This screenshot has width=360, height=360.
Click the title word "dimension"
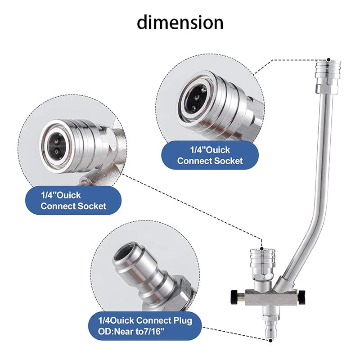pyautogui.click(x=180, y=22)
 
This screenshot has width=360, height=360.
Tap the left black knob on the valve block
pyautogui.click(x=234, y=297)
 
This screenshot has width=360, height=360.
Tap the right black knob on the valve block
pyautogui.click(x=302, y=297)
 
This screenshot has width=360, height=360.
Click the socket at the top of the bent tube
pyautogui.click(x=328, y=76)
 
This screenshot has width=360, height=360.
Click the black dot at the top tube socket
pyautogui.click(x=329, y=60)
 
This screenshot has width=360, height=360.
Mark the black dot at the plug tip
pyautogui.click(x=271, y=341)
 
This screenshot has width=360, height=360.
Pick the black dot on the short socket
pyautogui.click(x=262, y=249)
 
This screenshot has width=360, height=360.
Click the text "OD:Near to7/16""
pyautogui.click(x=131, y=331)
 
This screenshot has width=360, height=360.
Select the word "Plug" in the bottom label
pyautogui.click(x=183, y=321)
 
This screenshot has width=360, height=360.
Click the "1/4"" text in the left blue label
pyautogui.click(x=49, y=195)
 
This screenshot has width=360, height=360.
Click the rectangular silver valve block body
pyautogui.click(x=272, y=297)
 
